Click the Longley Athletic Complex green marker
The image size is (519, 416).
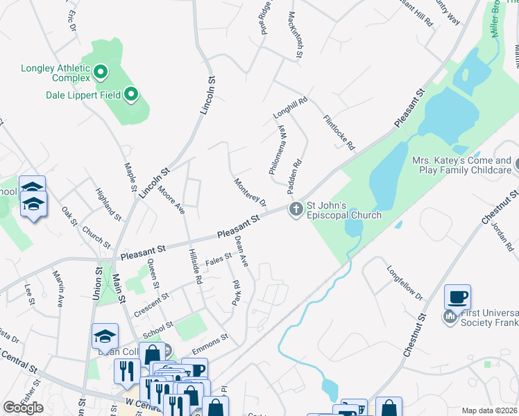pyautogui.click(x=100, y=71)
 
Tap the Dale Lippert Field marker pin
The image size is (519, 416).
pyautogui.click(x=131, y=95)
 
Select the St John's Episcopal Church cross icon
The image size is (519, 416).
pyautogui.click(x=296, y=209)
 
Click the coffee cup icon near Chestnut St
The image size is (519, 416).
pyautogui.click(x=457, y=297)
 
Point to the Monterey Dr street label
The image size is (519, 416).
pyautogui.click(x=250, y=192)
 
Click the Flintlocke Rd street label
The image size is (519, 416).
pyautogui.click(x=339, y=132)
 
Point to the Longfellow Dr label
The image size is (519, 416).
pyautogui.click(x=405, y=283)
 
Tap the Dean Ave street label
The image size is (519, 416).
pyautogui.click(x=241, y=251)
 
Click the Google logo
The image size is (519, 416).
pyautogui.click(x=23, y=408)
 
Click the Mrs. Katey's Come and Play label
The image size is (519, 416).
pyautogui.click(x=461, y=164)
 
